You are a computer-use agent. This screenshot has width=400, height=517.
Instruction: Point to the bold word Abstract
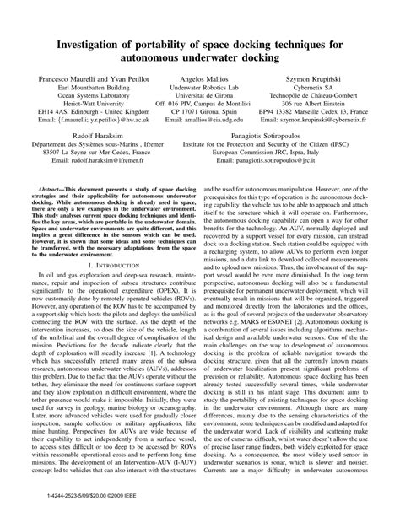tap(46, 213)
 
